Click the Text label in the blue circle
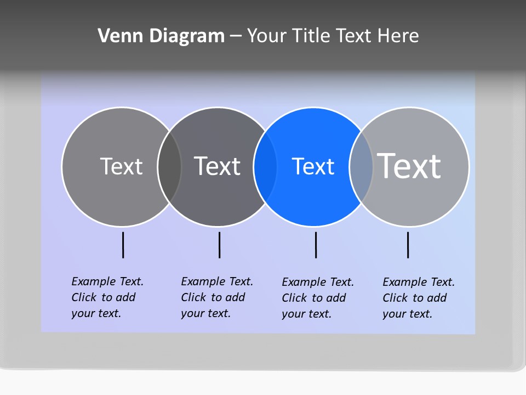click(313, 167)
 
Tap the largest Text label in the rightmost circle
click(409, 166)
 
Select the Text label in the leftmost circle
click(121, 166)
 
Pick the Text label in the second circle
click(218, 166)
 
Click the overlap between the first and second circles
click(169, 167)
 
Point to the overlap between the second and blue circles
click(265, 167)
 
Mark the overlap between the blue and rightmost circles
click(361, 167)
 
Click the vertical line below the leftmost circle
click(123, 245)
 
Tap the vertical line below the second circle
click(219, 245)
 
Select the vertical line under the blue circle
click(316, 245)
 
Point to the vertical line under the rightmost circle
click(408, 245)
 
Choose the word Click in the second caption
click(193, 297)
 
